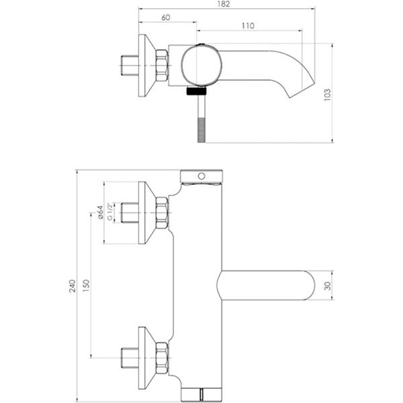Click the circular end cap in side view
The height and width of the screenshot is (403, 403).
[x=198, y=67]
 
